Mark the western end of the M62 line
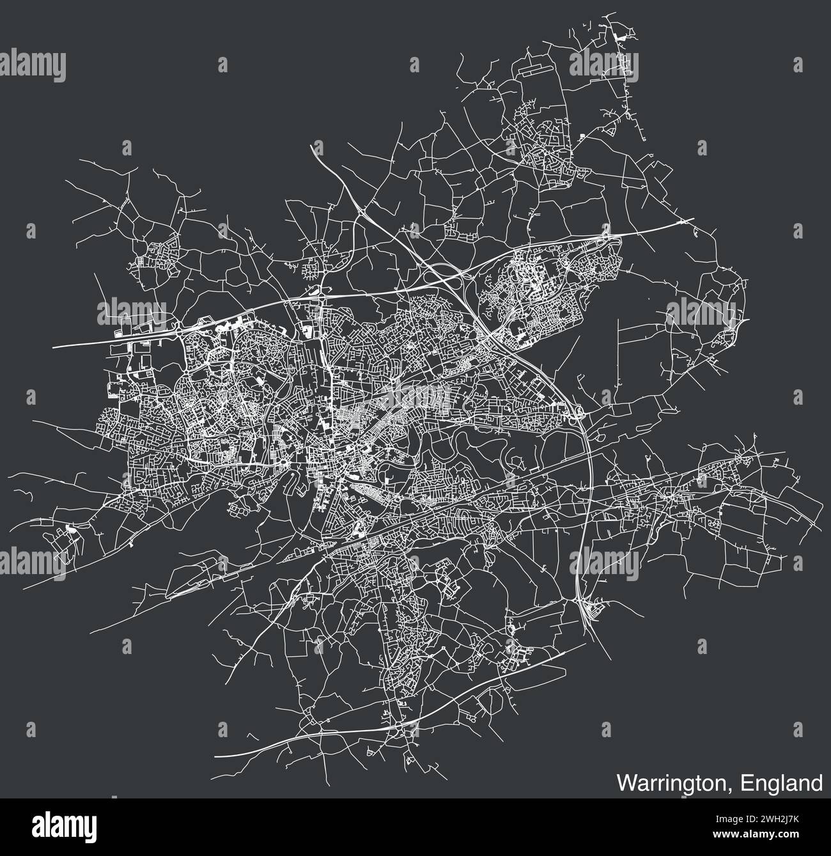[x=54, y=346]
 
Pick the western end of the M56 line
[x=215, y=755]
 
